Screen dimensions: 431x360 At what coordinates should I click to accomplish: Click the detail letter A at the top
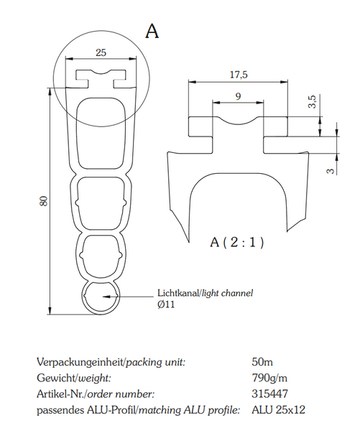click(x=152, y=31)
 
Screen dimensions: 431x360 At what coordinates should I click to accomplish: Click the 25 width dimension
click(x=101, y=52)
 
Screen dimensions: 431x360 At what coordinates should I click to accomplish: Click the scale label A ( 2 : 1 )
click(x=237, y=242)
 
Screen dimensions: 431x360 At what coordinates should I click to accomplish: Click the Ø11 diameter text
click(x=166, y=305)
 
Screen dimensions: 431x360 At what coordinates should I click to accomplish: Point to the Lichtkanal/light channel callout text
click(x=205, y=293)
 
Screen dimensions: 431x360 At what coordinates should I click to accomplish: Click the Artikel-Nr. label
click(x=60, y=394)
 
